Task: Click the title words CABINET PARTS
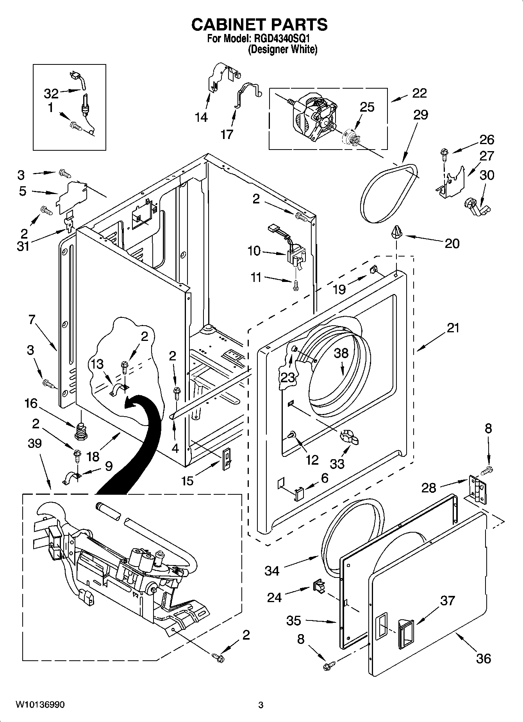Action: pyautogui.click(x=259, y=24)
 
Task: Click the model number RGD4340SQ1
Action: pyautogui.click(x=282, y=39)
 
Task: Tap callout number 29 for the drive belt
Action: pyautogui.click(x=418, y=114)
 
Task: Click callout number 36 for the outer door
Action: pyautogui.click(x=484, y=659)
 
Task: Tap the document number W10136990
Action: pyautogui.click(x=40, y=704)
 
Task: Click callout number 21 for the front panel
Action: pyautogui.click(x=453, y=328)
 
